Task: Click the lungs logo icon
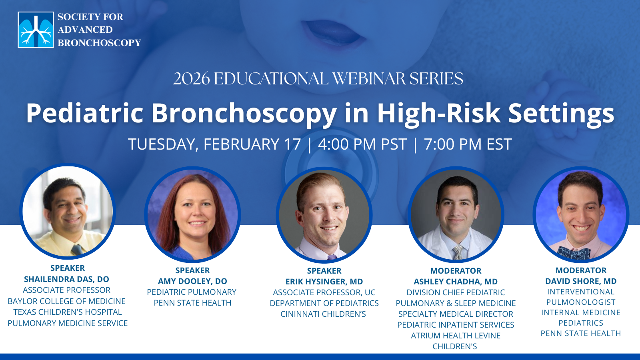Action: (x=36, y=30)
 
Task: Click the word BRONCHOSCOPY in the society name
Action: (x=100, y=43)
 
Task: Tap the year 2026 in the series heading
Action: (x=192, y=78)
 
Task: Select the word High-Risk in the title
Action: (x=438, y=113)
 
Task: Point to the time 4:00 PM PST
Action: (x=362, y=144)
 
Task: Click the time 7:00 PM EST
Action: (x=468, y=144)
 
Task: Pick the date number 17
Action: (x=292, y=144)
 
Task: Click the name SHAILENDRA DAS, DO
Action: (x=66, y=279)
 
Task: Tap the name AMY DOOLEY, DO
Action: (x=192, y=281)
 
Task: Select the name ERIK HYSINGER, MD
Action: (x=324, y=282)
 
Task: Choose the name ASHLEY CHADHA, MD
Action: (x=456, y=282)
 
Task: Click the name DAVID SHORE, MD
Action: (x=581, y=281)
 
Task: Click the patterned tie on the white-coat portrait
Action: (x=458, y=252)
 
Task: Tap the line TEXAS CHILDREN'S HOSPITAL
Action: (x=68, y=312)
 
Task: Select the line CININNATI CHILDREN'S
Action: (x=323, y=314)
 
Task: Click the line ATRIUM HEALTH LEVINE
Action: (x=456, y=336)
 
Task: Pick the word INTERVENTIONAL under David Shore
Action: (x=581, y=292)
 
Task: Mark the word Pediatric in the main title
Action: (x=84, y=113)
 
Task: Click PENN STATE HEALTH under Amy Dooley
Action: (x=192, y=303)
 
